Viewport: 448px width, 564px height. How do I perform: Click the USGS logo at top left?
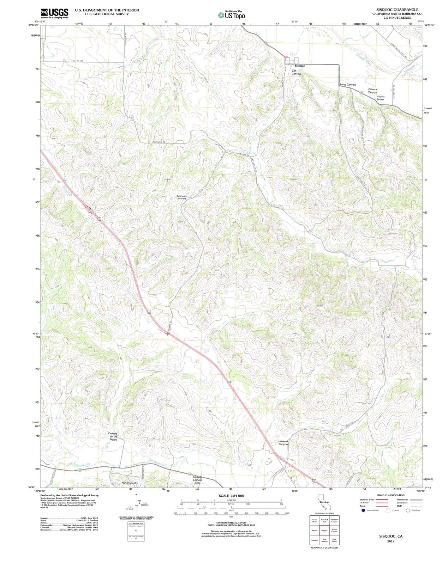[54, 13]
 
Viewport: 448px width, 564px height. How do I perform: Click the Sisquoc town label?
[299, 66]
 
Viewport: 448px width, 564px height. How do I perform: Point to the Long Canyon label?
[348, 85]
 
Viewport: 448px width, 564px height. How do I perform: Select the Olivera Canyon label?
[372, 91]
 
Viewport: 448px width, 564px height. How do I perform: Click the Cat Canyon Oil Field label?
[182, 197]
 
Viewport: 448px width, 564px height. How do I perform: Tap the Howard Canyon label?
[283, 442]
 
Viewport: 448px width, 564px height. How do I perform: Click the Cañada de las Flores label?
[113, 436]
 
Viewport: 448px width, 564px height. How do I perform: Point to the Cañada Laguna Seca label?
[198, 480]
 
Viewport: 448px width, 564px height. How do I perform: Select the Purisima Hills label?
[129, 483]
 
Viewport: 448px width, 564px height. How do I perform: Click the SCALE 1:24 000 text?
[231, 496]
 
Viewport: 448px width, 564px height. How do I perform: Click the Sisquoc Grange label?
[381, 98]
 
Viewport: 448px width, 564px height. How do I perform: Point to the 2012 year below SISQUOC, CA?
[390, 541]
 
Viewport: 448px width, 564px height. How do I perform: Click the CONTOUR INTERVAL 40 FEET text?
[231, 523]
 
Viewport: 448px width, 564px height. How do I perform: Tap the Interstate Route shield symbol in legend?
[363, 510]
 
